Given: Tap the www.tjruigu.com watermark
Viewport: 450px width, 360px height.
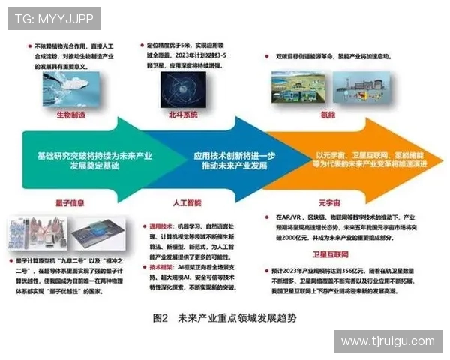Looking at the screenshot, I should click(387, 341).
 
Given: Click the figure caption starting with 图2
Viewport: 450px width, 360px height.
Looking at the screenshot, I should click(224, 317).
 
